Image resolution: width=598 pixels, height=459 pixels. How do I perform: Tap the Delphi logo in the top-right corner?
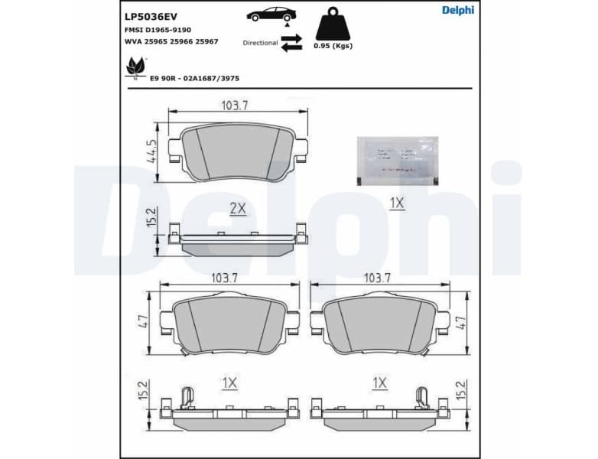457,10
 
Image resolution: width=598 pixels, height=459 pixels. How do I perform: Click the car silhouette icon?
273,15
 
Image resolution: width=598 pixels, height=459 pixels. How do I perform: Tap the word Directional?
260,43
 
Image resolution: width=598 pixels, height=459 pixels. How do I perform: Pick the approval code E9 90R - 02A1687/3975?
195,78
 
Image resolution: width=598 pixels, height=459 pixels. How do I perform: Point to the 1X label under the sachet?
396,204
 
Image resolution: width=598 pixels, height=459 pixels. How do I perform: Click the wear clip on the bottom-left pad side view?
186,396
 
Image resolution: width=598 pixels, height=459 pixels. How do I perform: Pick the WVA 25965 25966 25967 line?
171,41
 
